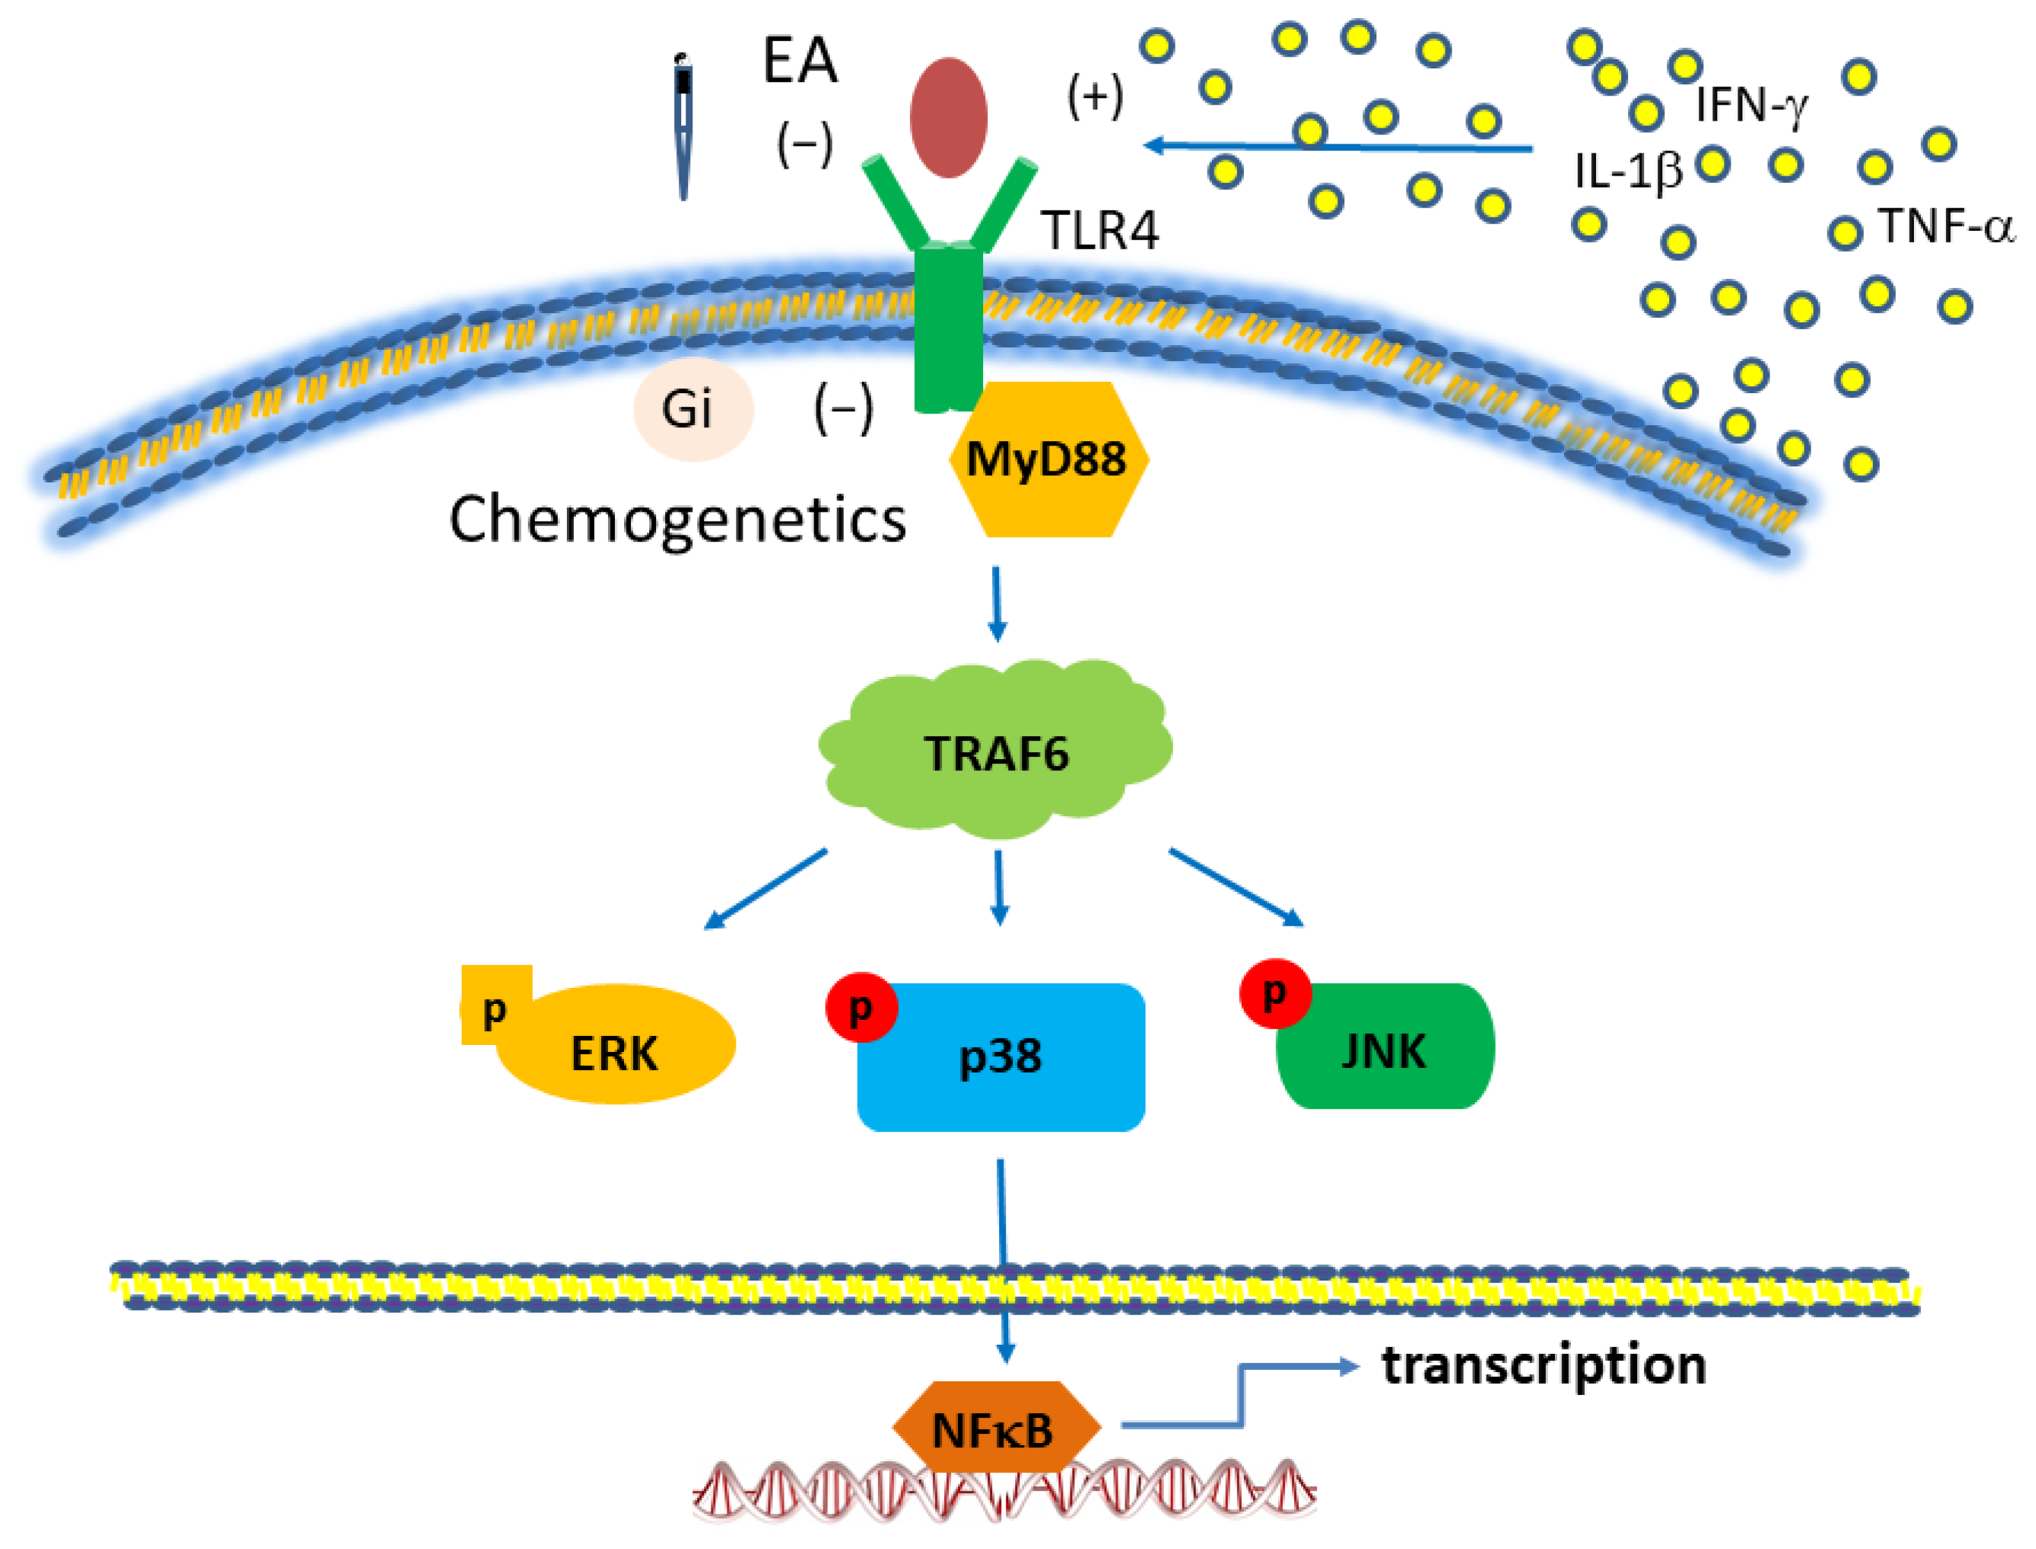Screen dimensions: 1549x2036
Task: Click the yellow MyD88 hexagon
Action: click(1047, 459)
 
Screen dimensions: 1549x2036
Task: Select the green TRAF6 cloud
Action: click(996, 749)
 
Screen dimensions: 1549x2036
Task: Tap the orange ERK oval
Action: click(616, 1046)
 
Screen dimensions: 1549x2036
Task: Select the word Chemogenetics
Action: click(678, 519)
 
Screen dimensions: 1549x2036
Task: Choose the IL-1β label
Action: click(1627, 171)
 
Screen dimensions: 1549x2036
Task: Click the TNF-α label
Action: click(1945, 226)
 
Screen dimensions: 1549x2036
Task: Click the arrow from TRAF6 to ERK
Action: click(766, 889)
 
